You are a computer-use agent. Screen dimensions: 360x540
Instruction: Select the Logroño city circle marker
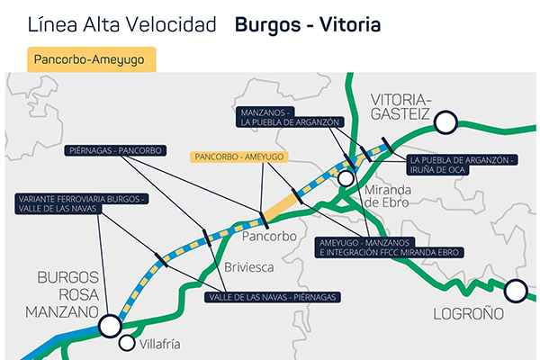(x=516, y=291)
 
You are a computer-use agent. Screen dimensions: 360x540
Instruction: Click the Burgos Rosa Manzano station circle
(x=110, y=325)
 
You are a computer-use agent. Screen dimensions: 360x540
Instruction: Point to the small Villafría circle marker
(x=127, y=343)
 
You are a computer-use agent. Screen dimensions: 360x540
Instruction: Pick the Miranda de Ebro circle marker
(x=346, y=178)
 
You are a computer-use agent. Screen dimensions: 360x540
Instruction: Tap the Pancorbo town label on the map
(x=269, y=236)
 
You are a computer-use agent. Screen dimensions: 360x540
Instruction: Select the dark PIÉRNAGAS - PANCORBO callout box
(x=117, y=151)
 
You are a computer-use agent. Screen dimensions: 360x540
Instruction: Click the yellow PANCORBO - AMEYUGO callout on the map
(x=238, y=156)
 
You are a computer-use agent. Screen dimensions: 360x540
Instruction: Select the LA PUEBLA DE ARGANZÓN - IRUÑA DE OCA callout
(x=462, y=164)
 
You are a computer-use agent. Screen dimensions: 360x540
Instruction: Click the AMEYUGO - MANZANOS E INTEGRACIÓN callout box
(x=391, y=247)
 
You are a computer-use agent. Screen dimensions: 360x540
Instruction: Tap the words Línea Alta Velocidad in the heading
(x=122, y=24)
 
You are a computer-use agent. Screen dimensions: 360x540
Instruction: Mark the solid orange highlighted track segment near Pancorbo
(x=282, y=204)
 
